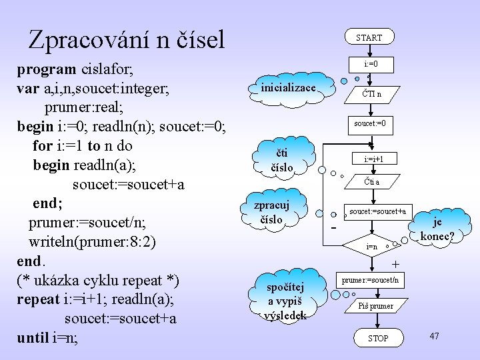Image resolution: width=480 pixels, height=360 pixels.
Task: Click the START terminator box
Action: coord(369,37)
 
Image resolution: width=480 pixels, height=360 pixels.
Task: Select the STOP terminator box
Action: coord(378,338)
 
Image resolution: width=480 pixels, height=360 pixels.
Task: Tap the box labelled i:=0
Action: coord(371,65)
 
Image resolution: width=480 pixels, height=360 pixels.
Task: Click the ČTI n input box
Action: coord(371,94)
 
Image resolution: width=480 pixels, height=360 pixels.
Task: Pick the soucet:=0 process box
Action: coord(370,123)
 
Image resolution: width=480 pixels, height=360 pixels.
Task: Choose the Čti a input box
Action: coord(371,181)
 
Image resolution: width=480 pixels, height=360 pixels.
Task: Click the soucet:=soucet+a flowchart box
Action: coord(377,211)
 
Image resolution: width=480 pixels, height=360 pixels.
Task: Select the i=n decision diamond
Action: coord(371,247)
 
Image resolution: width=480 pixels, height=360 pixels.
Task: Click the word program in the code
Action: coord(45,68)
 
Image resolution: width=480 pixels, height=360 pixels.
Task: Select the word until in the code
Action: coord(32,337)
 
